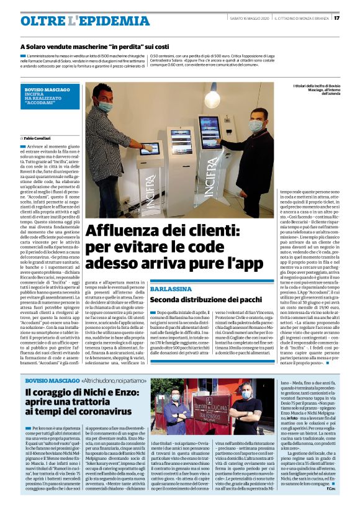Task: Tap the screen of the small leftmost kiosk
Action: pos(150,148)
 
